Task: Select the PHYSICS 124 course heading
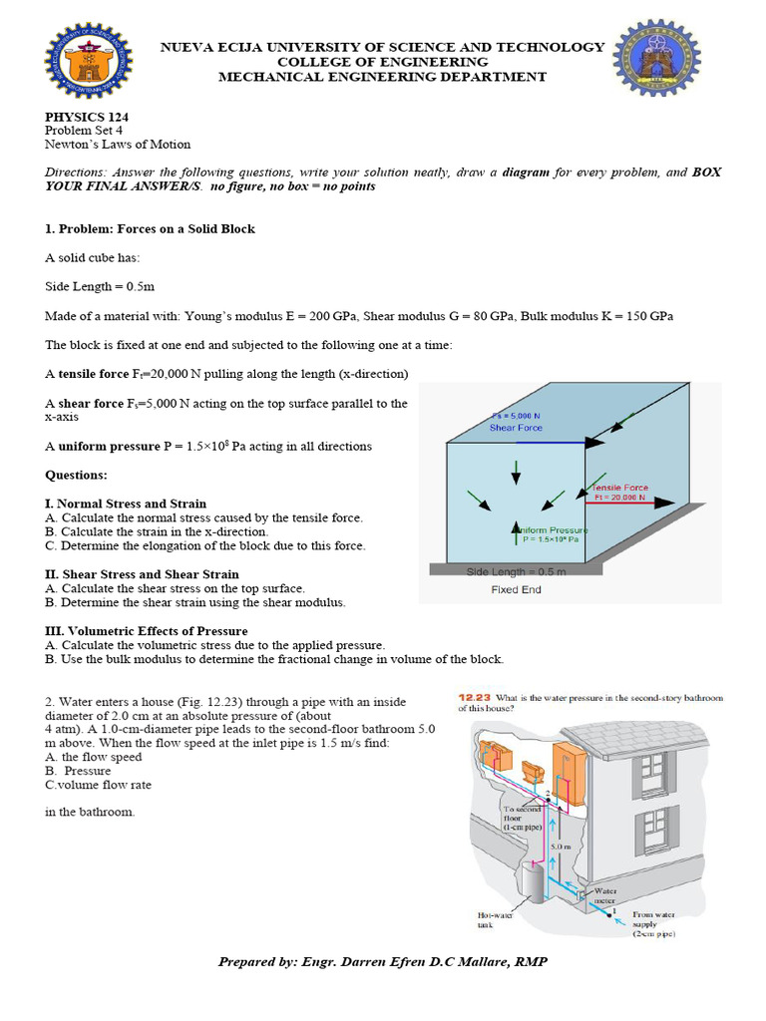(87, 117)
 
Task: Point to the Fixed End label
(517, 589)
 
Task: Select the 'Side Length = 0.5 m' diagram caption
(516, 572)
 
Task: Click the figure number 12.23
(474, 698)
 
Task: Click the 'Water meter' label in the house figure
(606, 895)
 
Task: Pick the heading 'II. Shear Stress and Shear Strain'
(142, 574)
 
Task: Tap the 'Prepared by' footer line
(383, 961)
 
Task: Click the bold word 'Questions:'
(76, 475)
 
